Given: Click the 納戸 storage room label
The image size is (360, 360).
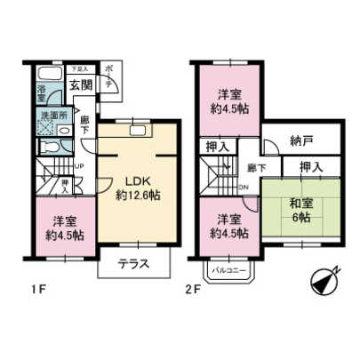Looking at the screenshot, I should [302, 140].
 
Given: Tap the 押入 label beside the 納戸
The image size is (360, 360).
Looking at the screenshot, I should [309, 165].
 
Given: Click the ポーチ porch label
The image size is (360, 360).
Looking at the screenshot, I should [109, 76].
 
